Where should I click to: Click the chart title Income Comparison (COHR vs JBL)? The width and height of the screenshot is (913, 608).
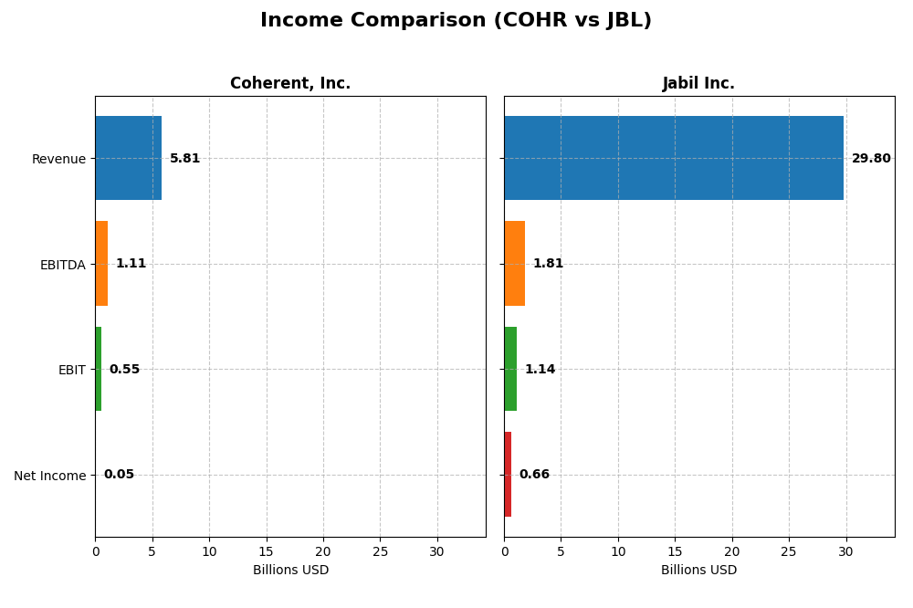[456, 21]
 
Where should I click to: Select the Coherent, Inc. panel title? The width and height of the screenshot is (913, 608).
[290, 84]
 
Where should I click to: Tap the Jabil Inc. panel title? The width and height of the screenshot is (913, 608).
[698, 84]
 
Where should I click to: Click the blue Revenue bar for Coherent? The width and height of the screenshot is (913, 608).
[129, 158]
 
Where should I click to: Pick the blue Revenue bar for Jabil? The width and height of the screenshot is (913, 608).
[674, 158]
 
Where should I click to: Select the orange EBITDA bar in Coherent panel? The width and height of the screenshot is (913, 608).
[101, 264]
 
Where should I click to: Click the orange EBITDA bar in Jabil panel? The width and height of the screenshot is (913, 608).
[515, 264]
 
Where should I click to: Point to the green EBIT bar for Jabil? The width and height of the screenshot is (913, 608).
[510, 369]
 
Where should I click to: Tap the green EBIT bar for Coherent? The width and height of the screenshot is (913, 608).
[99, 369]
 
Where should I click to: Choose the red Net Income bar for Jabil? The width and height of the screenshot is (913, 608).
[508, 475]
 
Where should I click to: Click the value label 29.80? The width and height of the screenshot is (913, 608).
[871, 159]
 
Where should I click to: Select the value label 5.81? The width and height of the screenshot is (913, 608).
[184, 159]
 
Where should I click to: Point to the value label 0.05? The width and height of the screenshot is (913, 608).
[119, 475]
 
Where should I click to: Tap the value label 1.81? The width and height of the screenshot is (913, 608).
[548, 264]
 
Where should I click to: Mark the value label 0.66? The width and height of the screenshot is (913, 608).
[534, 475]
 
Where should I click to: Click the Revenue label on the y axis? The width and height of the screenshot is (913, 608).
[58, 160]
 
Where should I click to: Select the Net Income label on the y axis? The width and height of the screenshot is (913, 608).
[49, 476]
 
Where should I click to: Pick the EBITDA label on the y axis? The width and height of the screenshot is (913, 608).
[62, 265]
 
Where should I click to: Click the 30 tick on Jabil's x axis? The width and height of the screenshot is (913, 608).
[846, 551]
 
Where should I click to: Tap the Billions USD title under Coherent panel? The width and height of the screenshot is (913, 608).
[290, 571]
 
